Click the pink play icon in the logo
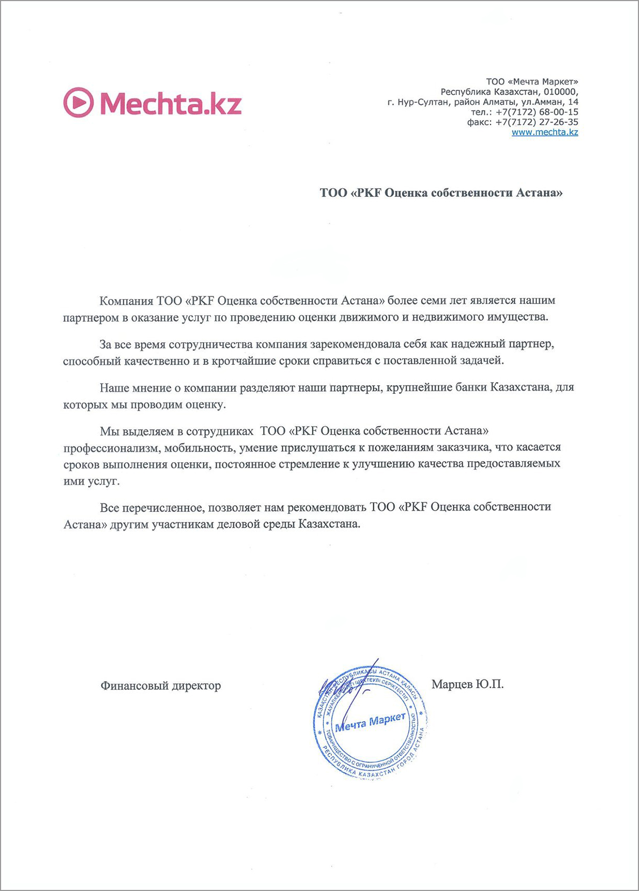tap(79, 103)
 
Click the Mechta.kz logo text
tap(171, 103)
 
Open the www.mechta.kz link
tap(544, 132)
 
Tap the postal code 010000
tap(560, 92)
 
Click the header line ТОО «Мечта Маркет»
tap(532, 82)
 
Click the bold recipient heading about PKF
tap(441, 193)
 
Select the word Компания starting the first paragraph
tap(126, 300)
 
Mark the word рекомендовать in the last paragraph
tap(326, 507)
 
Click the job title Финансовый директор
tap(160, 685)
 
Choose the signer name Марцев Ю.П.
tap(467, 684)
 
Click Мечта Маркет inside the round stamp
tap(370, 723)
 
